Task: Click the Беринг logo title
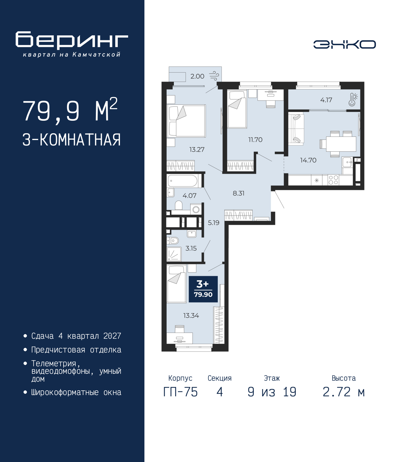(x=72, y=40)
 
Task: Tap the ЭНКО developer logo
(x=344, y=44)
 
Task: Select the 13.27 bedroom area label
(x=197, y=150)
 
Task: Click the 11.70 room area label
(x=255, y=140)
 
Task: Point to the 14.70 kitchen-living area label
(x=308, y=160)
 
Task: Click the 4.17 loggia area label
(x=326, y=100)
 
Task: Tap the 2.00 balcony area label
(x=197, y=76)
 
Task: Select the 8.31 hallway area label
(x=238, y=193)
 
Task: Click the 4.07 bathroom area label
(x=189, y=196)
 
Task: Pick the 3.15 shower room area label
(x=191, y=248)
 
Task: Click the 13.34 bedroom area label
(x=191, y=316)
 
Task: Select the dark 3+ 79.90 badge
(x=203, y=289)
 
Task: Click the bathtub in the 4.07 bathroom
(x=183, y=181)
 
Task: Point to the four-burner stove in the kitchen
(x=333, y=180)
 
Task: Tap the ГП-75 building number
(x=180, y=392)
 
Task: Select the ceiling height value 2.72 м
(x=344, y=392)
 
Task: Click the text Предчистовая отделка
(x=76, y=350)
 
